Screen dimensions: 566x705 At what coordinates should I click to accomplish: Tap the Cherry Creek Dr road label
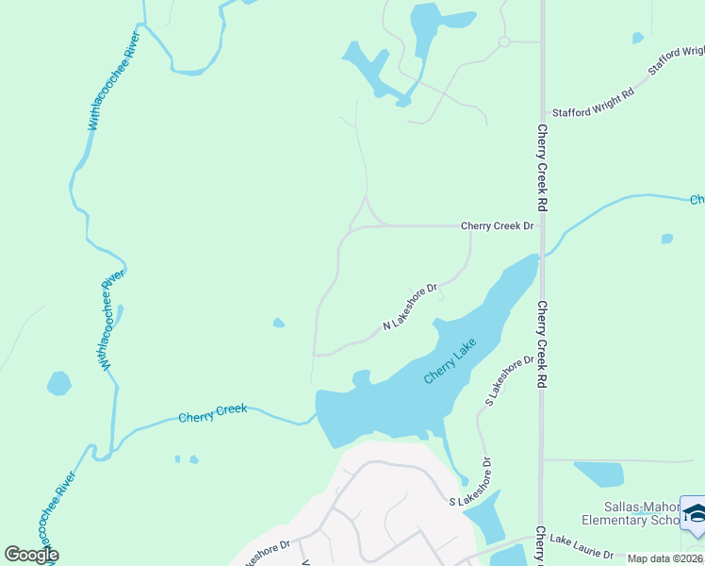[497, 226]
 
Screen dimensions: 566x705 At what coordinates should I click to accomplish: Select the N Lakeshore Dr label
[411, 308]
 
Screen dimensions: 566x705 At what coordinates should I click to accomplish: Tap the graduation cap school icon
[696, 514]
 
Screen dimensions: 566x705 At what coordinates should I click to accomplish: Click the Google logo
[31, 555]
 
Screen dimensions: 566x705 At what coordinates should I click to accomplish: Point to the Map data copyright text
[665, 558]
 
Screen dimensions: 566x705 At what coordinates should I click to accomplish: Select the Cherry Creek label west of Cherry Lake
[212, 412]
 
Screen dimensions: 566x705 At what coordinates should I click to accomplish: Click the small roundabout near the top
[504, 42]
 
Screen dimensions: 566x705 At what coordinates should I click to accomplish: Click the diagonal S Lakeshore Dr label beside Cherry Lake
[503, 382]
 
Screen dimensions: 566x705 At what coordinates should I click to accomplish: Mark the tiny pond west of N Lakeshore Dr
[278, 324]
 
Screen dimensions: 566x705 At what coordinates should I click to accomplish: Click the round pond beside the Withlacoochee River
[58, 383]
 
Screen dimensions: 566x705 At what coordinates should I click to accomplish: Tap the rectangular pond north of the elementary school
[598, 474]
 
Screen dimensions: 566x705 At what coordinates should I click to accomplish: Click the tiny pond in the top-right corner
[638, 38]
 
